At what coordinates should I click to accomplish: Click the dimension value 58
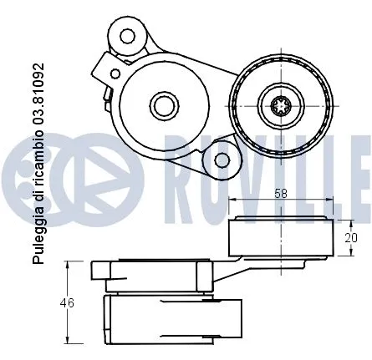283,192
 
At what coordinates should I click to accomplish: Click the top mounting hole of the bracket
128,36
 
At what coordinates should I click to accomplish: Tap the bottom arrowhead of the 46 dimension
69,340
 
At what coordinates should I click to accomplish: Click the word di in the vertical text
38,203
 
